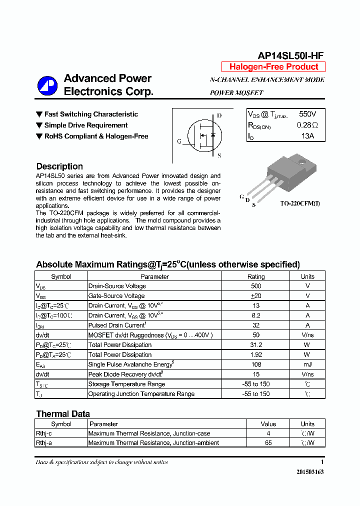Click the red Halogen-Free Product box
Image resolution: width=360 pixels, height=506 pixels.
click(273, 67)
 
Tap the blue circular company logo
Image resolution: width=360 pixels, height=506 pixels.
click(47, 85)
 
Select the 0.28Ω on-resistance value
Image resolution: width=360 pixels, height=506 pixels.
click(307, 125)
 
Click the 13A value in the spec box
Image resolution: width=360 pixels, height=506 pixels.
click(307, 136)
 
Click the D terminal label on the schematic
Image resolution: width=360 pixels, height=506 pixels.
click(219, 115)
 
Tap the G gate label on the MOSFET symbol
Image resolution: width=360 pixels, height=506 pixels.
click(179, 141)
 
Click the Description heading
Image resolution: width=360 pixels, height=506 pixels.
click(59, 166)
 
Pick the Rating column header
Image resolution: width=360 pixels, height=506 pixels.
click(256, 276)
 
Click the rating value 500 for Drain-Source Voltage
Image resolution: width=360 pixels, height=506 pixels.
click(256, 286)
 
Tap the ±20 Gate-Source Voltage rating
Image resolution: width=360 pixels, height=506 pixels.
click(256, 296)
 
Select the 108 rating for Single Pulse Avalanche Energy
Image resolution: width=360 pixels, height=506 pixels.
click(256, 364)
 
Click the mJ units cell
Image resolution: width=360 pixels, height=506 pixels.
click(307, 364)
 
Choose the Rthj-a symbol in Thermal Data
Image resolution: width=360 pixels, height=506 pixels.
click(44, 443)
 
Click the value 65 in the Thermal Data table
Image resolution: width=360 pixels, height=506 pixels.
click(268, 443)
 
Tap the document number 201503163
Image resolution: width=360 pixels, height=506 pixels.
click(310, 472)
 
